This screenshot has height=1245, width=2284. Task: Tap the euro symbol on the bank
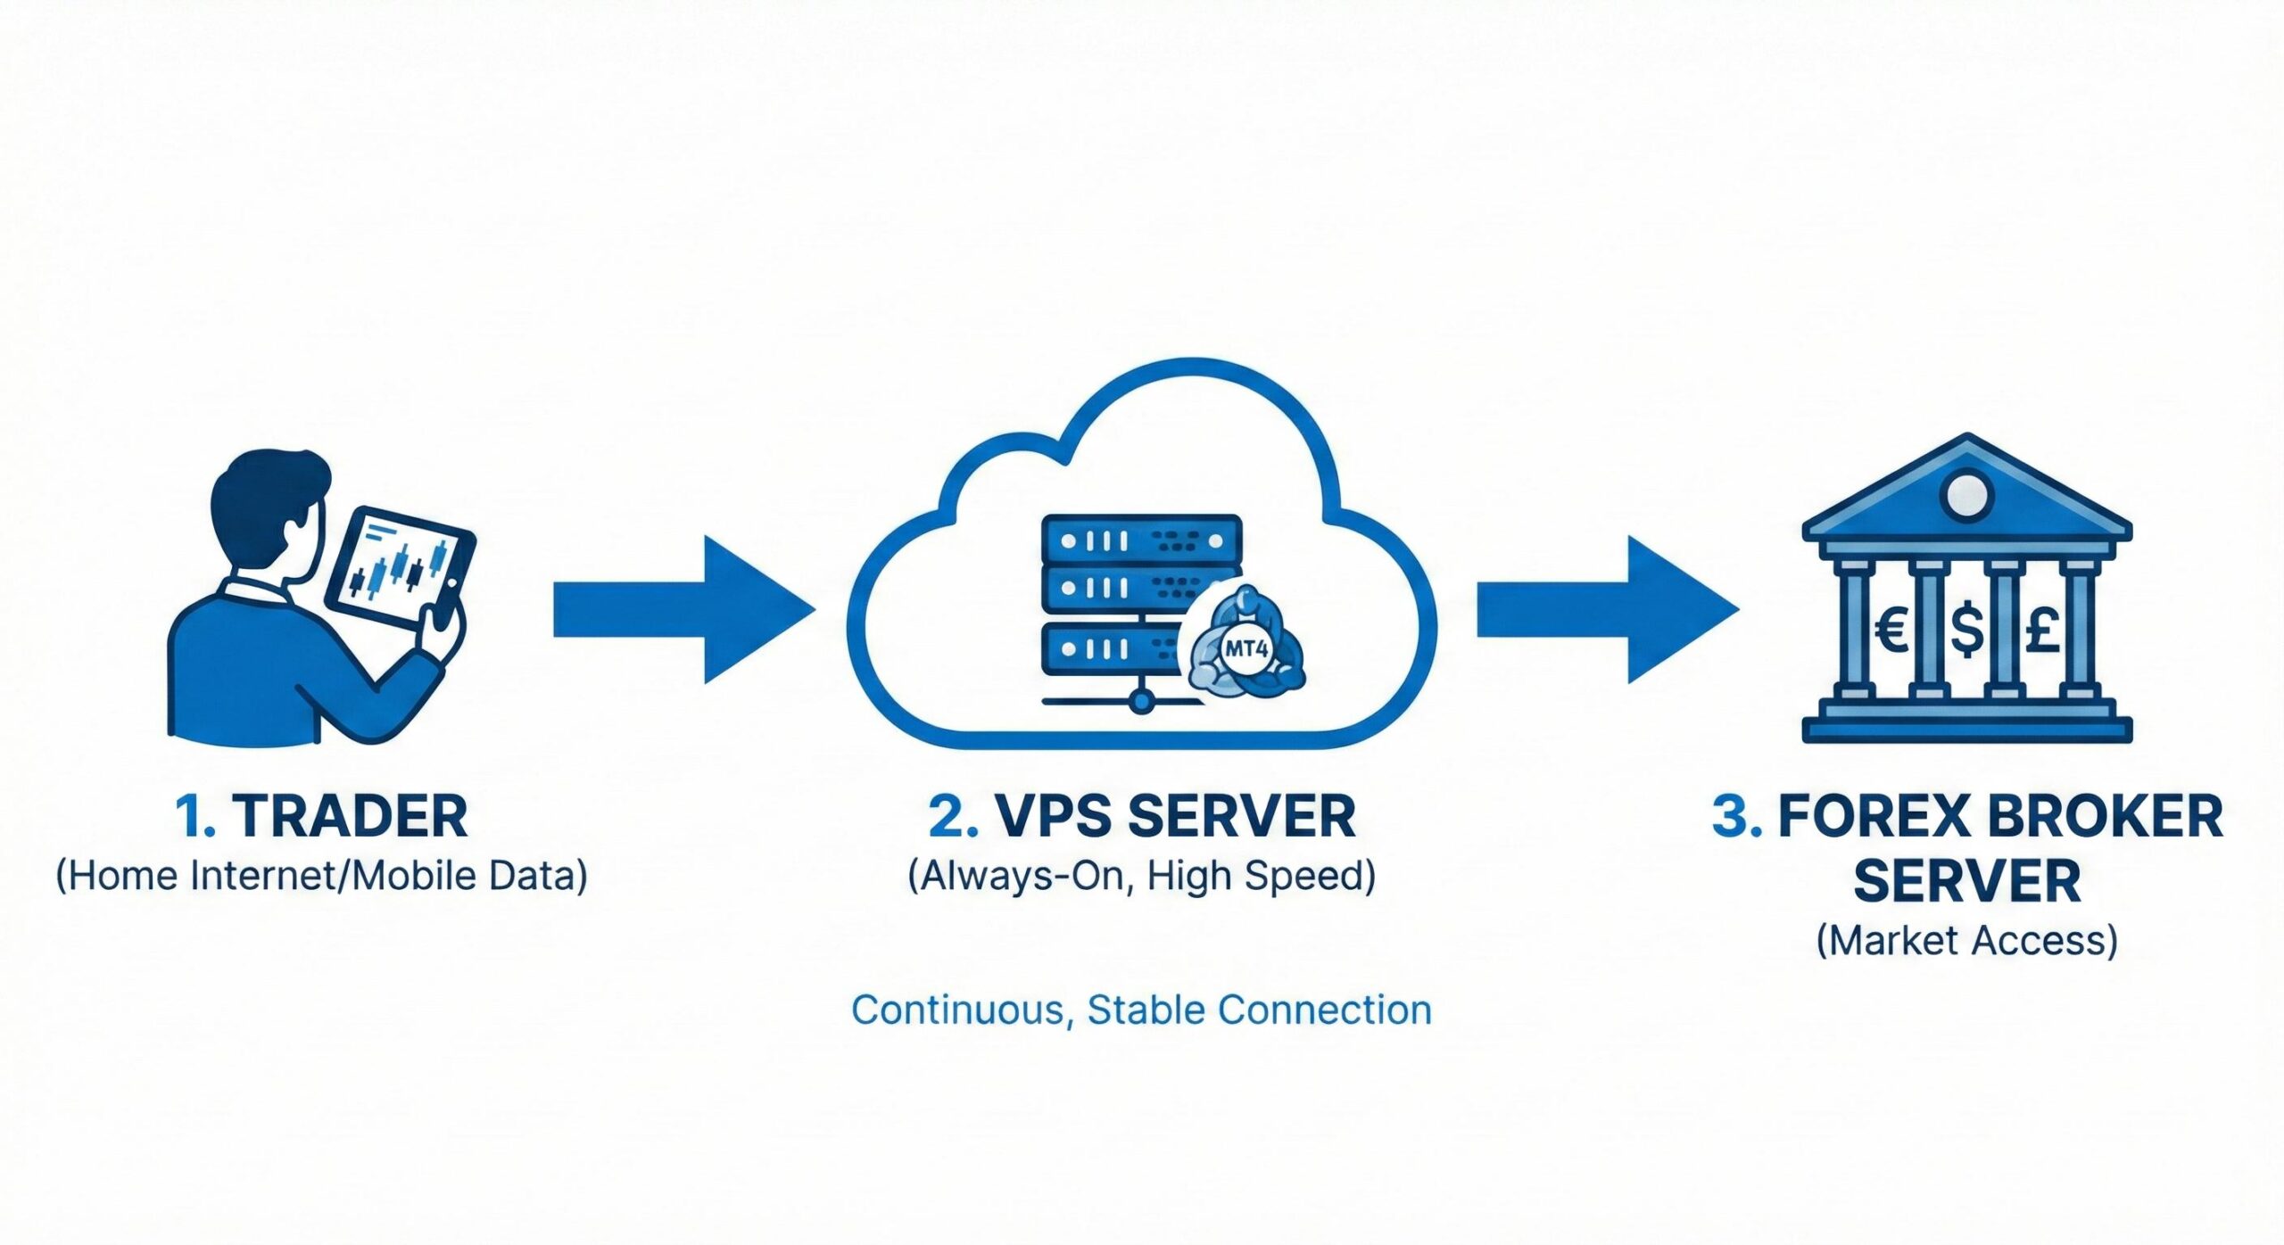point(1892,630)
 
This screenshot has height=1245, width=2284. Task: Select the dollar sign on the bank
point(1967,630)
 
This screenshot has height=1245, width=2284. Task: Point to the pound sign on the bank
point(2042,630)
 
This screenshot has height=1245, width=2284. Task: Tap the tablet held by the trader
point(400,566)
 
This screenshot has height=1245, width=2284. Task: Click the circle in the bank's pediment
point(1966,496)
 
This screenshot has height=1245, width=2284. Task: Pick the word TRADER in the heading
point(351,816)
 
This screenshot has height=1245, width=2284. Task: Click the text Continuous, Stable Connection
point(1141,1010)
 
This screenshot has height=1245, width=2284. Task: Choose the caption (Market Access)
point(1966,941)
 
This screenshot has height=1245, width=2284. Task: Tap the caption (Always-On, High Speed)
point(1141,876)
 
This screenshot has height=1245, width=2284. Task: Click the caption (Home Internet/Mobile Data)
point(321,876)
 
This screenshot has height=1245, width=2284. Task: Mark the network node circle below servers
point(1140,702)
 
